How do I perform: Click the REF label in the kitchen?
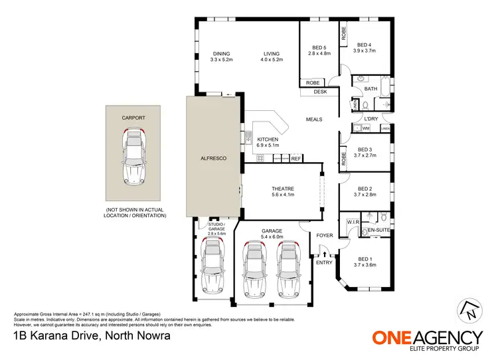coord(295,159)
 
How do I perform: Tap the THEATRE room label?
coord(283,189)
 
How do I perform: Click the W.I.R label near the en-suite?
coord(353,222)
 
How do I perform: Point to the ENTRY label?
coord(324,263)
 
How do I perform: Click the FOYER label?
coord(324,234)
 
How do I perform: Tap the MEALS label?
coord(314,120)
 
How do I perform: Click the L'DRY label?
coord(371,119)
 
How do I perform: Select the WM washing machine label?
coord(366,128)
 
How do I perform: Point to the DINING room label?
coord(222,54)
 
